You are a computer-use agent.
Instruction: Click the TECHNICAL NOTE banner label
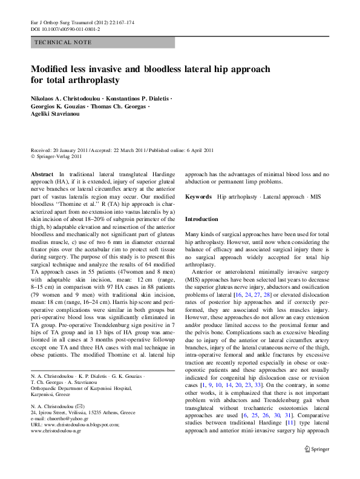pyautogui.click(x=64, y=42)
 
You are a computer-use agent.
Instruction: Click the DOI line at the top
pyautogui.click(x=65, y=29)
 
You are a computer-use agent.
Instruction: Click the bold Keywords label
pyautogui.click(x=198, y=197)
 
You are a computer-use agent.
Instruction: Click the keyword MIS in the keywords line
pyautogui.click(x=315, y=197)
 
